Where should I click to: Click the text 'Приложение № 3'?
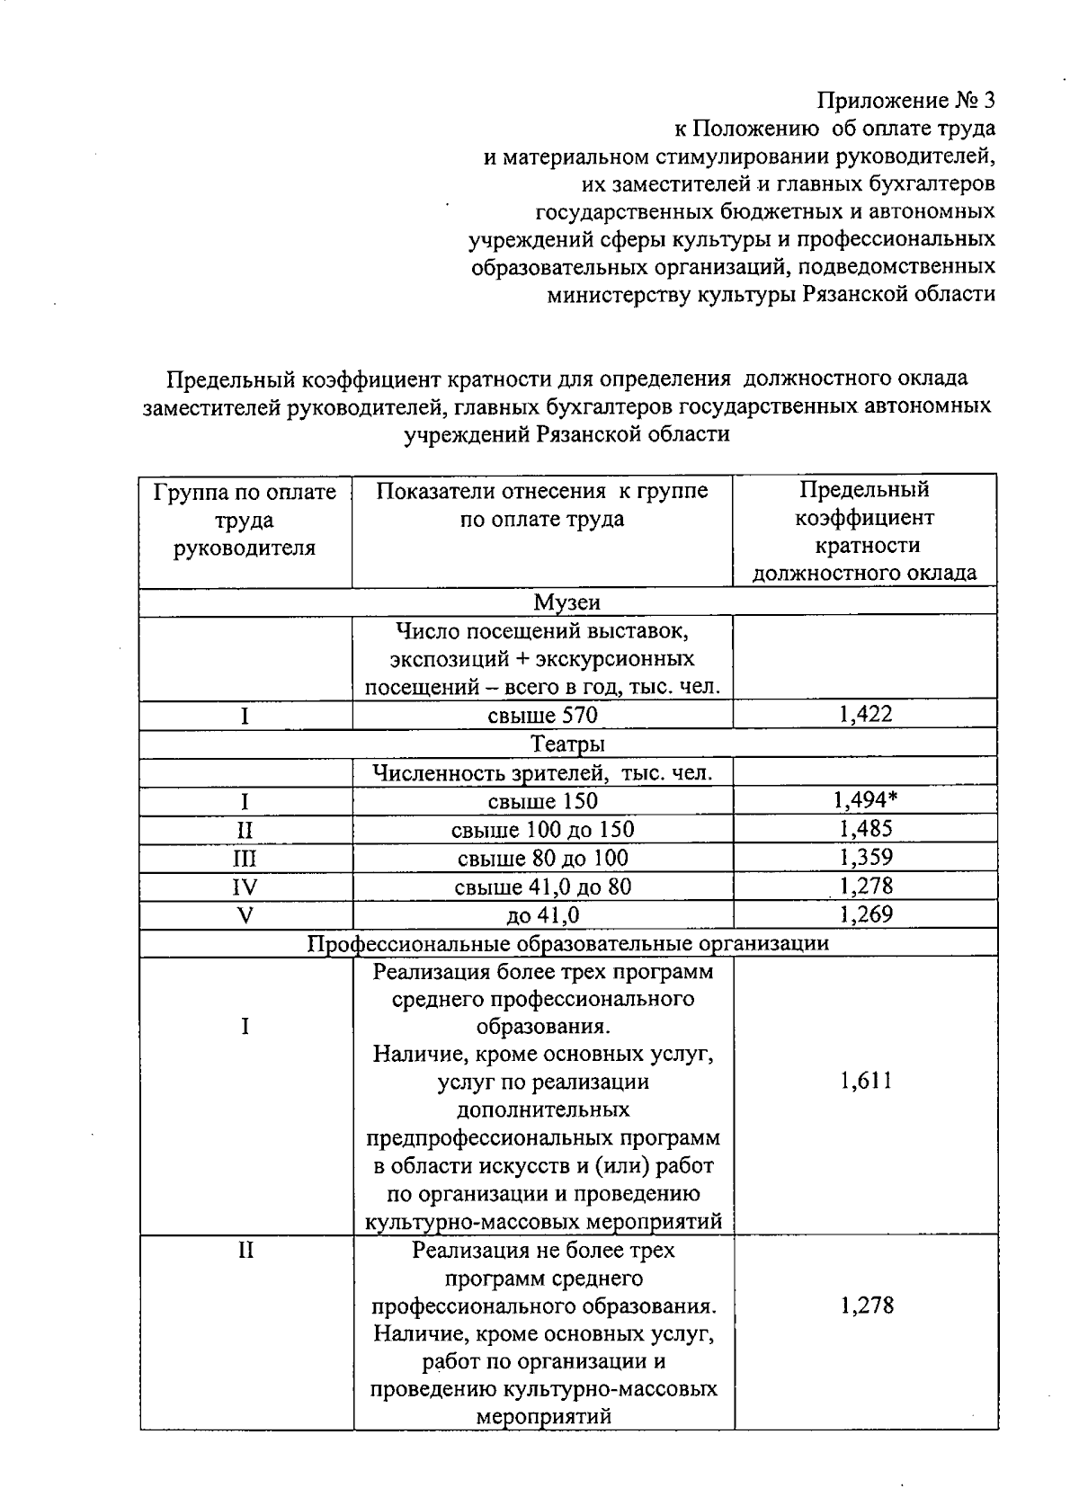click(905, 100)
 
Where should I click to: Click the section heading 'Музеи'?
click(566, 602)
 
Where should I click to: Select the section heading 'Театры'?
click(566, 744)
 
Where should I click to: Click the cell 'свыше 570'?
click(542, 716)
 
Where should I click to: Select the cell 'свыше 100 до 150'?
click(542, 829)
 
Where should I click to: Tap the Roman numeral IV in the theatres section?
click(245, 887)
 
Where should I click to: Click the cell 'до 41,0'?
click(542, 915)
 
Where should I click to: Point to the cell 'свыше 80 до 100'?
click(542, 858)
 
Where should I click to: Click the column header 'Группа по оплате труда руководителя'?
click(245, 520)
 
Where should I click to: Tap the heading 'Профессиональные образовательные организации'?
click(568, 943)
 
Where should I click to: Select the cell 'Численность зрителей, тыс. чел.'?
click(542, 772)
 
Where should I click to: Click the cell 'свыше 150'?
click(542, 800)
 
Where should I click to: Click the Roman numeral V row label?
click(245, 916)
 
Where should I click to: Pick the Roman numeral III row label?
click(245, 859)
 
